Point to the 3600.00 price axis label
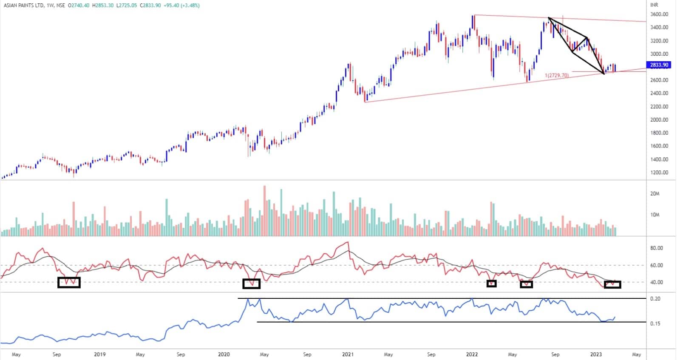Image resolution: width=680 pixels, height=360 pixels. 659,14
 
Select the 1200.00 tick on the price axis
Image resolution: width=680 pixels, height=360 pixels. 659,173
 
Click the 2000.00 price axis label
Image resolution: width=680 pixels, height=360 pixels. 659,120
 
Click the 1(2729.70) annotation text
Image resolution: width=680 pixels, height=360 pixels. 556,75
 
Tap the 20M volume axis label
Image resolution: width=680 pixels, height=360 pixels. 654,194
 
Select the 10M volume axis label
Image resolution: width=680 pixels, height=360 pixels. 654,215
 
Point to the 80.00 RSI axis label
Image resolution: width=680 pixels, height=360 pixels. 657,248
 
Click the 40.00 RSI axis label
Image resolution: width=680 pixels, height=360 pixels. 657,282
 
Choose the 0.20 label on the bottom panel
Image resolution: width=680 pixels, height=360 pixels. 655,299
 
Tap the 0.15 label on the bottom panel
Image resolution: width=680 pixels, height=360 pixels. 655,323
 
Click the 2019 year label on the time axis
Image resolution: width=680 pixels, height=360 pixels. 99,354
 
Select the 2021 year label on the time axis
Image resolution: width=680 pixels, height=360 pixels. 348,354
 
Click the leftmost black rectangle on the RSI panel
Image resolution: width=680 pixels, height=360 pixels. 69,283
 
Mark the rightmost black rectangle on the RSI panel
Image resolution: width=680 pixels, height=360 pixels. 612,284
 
